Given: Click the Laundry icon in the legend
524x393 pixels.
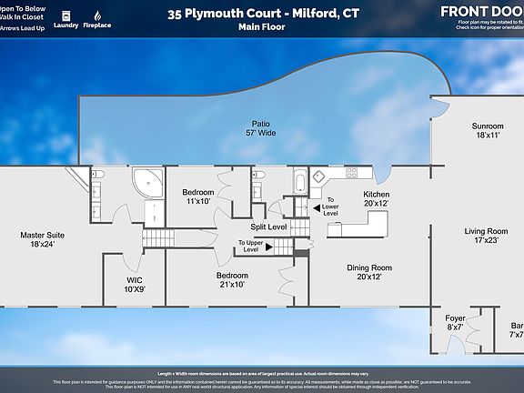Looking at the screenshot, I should pyautogui.click(x=66, y=16).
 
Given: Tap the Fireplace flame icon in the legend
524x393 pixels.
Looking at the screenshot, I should pyautogui.click(x=97, y=16).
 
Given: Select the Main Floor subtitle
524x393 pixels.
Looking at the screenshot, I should pyautogui.click(x=261, y=27).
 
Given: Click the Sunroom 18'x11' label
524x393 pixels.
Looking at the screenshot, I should pyautogui.click(x=486, y=130).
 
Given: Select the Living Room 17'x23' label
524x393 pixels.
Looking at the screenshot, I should pyautogui.click(x=486, y=237).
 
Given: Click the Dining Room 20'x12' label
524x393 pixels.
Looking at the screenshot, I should pyautogui.click(x=368, y=272).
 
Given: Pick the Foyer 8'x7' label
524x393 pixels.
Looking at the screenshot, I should pyautogui.click(x=455, y=322).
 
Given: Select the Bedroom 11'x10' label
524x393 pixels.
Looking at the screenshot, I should pyautogui.click(x=197, y=196).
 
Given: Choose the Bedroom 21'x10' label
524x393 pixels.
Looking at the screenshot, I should pyautogui.click(x=232, y=279).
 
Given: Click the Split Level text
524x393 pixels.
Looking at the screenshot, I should pyautogui.click(x=270, y=227).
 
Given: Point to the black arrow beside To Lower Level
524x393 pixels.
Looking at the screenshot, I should pyautogui.click(x=316, y=207).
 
